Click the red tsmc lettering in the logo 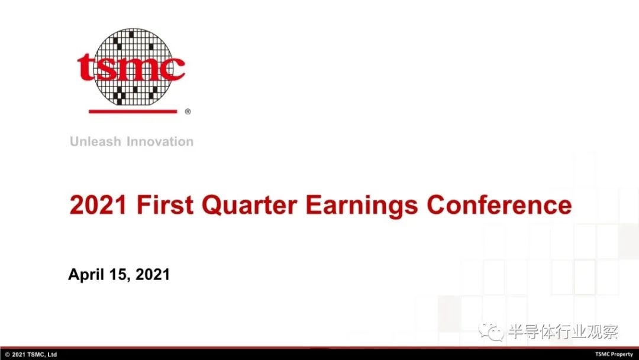(131, 67)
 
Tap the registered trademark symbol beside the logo (188, 111)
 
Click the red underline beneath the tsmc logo (133, 111)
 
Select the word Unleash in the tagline (95, 142)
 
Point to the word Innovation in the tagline (160, 142)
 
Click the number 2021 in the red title (98, 205)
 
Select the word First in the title (165, 205)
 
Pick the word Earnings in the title (362, 205)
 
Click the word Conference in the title (499, 205)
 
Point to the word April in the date (86, 275)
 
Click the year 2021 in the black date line (153, 274)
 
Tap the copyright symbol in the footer (7, 355)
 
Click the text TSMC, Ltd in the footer (42, 355)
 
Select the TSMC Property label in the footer (614, 354)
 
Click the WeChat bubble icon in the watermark (491, 332)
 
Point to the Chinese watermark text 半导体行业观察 (563, 332)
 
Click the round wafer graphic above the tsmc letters (133, 67)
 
